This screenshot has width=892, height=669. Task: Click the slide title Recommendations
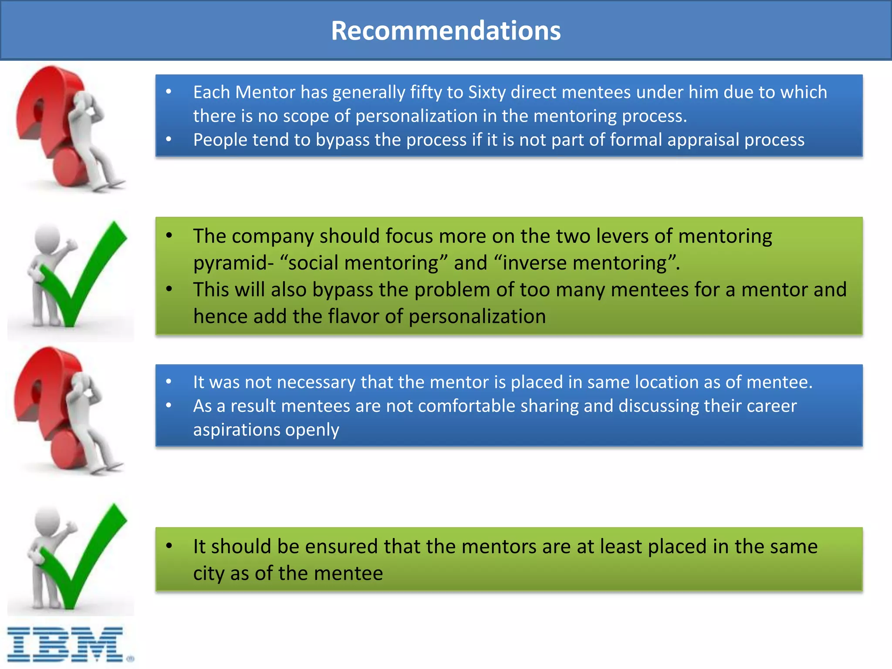tap(446, 30)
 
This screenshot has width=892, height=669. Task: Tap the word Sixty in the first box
tap(487, 92)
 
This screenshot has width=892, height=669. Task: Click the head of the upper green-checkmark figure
tap(47, 237)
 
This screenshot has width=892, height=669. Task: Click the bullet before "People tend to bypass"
tap(169, 139)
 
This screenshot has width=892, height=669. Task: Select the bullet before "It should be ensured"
tap(169, 546)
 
